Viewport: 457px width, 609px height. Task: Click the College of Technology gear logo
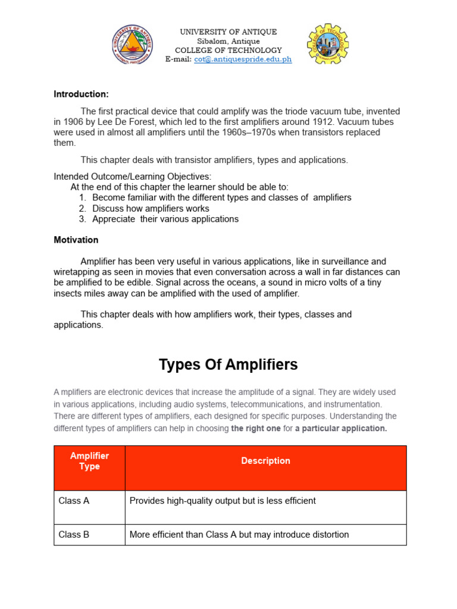pyautogui.click(x=328, y=45)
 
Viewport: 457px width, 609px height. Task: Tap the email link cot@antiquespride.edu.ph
pyautogui.click(x=243, y=60)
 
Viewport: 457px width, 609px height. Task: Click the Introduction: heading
pyautogui.click(x=81, y=94)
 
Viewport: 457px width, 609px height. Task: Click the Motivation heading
pyautogui.click(x=76, y=240)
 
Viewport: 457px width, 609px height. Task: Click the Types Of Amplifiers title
pyautogui.click(x=228, y=365)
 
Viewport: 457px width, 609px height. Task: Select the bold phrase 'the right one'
pyautogui.click(x=256, y=428)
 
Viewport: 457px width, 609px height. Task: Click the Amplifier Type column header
pyautogui.click(x=89, y=461)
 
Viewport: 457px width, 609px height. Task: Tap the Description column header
pyautogui.click(x=265, y=461)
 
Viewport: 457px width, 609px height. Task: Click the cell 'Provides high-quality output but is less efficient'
pyautogui.click(x=223, y=501)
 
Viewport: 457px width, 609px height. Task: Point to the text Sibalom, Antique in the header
pyautogui.click(x=228, y=41)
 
